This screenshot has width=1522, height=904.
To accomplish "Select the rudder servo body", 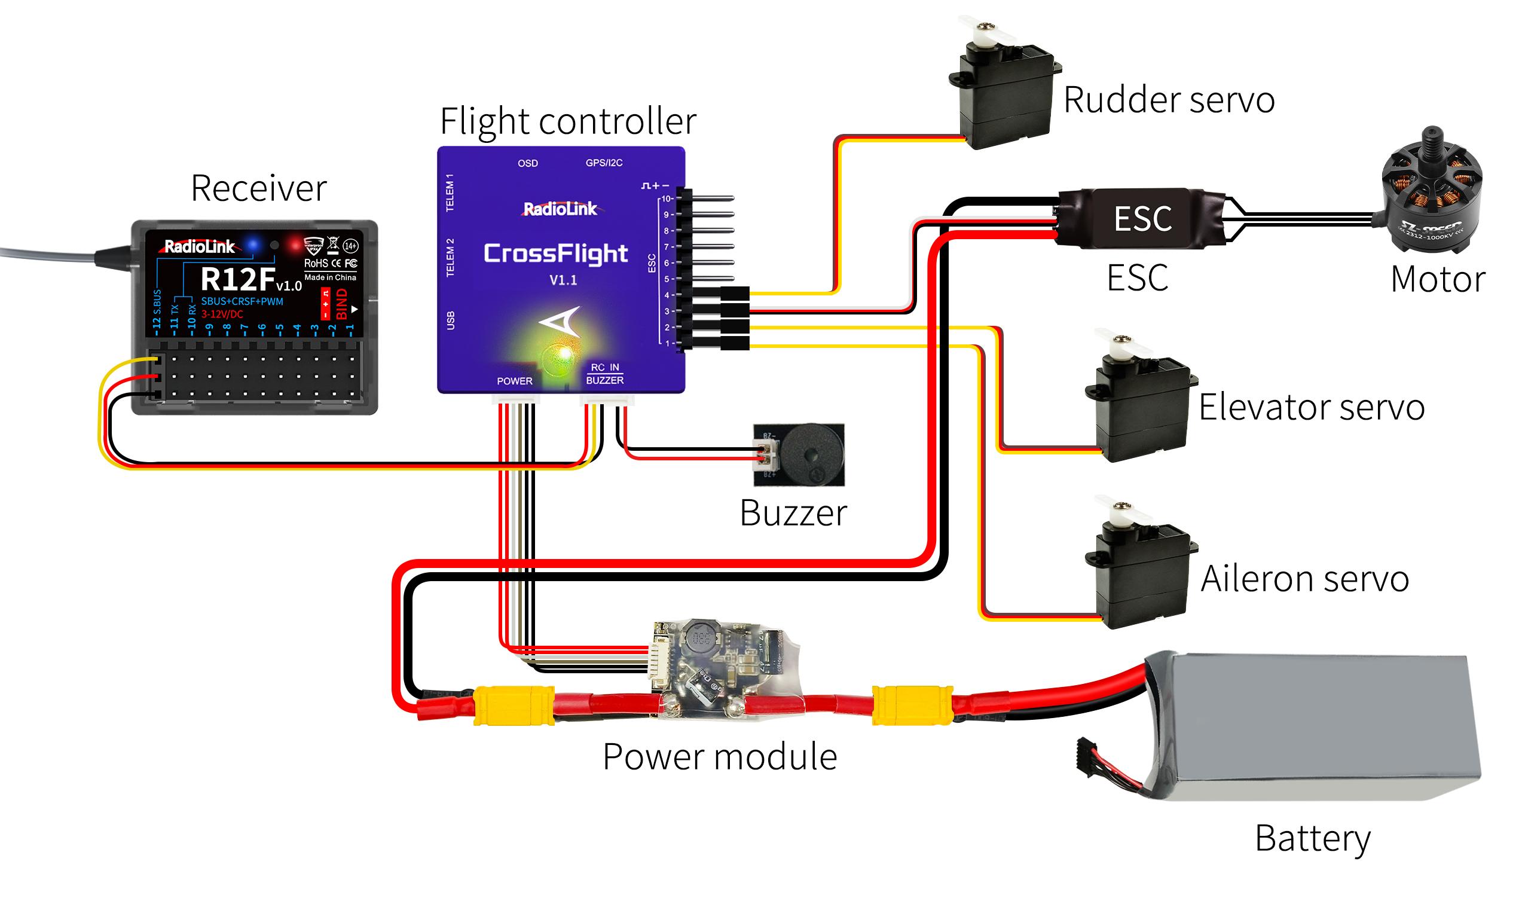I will tap(1005, 91).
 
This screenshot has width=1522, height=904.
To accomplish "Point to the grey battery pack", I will tap(1309, 725).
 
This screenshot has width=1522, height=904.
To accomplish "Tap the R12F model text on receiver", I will tap(239, 280).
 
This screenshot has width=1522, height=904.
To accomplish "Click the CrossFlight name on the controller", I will tap(555, 254).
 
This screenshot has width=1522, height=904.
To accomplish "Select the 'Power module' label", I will tap(719, 757).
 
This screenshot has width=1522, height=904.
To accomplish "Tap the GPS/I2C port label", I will tap(604, 163).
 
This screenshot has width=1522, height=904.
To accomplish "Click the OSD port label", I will tap(527, 163).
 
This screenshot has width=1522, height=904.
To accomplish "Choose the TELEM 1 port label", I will tap(450, 193).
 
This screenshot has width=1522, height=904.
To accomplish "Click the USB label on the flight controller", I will tap(451, 320).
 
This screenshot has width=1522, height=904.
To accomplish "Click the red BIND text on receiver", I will tap(342, 304).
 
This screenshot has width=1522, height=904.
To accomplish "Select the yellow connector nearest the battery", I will tap(912, 706).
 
